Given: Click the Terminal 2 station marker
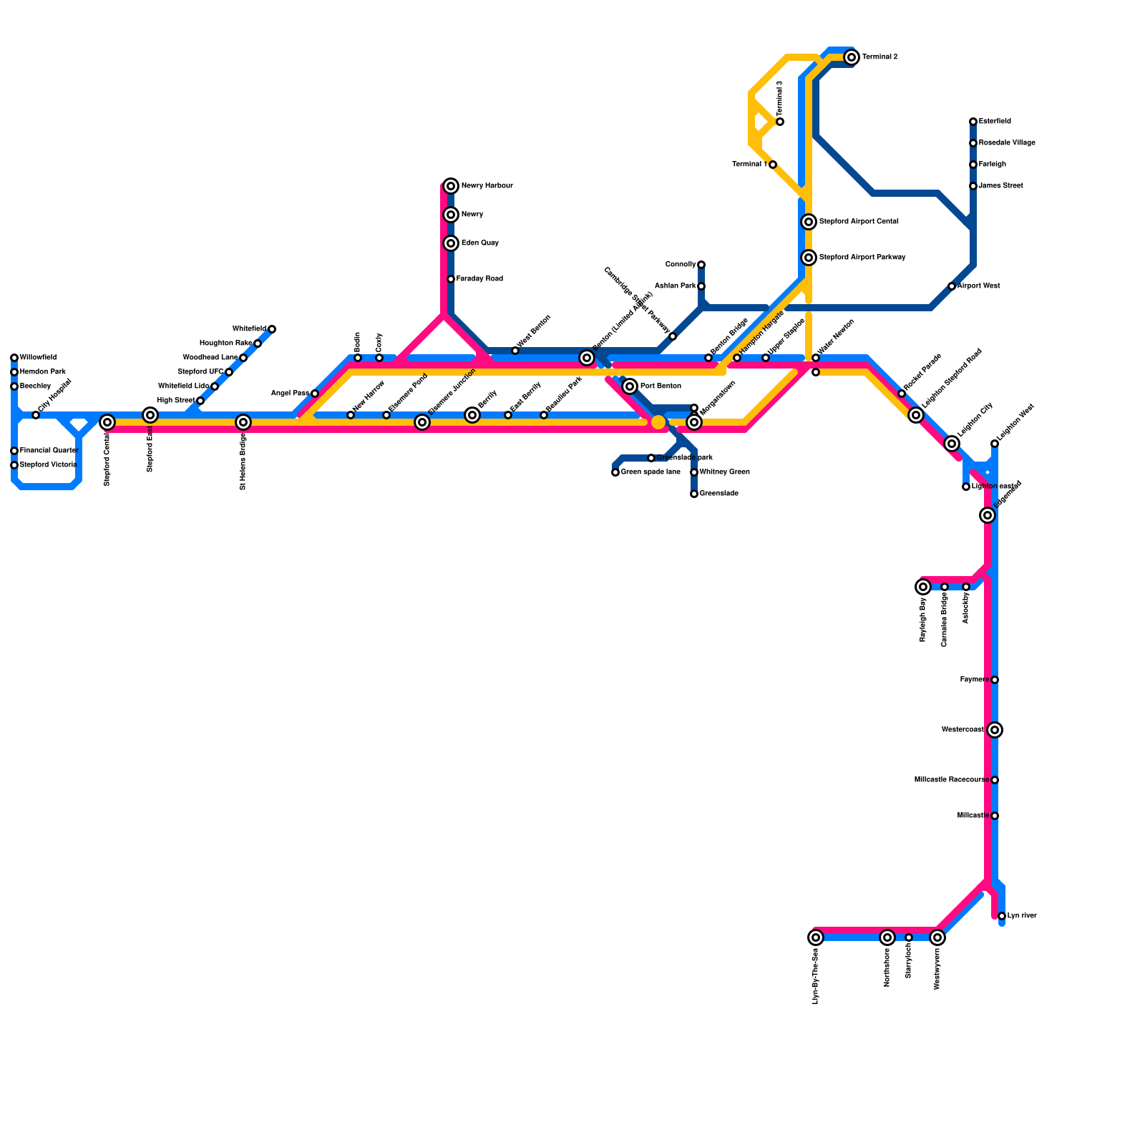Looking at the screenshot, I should point(851,57).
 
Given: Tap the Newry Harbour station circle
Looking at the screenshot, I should point(451,186).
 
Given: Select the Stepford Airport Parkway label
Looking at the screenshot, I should point(862,258).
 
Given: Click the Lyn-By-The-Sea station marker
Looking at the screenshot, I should point(816,937).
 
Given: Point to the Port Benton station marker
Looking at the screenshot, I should point(630,386).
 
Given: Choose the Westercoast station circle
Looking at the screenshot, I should point(995,730).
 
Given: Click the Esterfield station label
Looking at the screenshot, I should point(995,122).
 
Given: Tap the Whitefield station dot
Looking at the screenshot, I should point(272,329).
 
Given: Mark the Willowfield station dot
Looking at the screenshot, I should point(14,358).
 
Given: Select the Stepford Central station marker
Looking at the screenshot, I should point(107,422).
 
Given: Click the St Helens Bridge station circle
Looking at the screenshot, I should point(243,422).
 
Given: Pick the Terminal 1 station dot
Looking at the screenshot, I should point(773,165).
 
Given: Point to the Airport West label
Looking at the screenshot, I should point(978,286).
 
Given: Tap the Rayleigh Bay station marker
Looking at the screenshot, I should point(923,587).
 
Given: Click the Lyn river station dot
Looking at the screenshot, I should point(1002,916).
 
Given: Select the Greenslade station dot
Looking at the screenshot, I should point(694,494).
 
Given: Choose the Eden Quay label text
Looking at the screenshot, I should point(479,243).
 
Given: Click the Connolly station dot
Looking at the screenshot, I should point(701,265).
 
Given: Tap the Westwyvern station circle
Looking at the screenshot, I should point(937,937).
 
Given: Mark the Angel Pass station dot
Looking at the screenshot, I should point(315,394).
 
